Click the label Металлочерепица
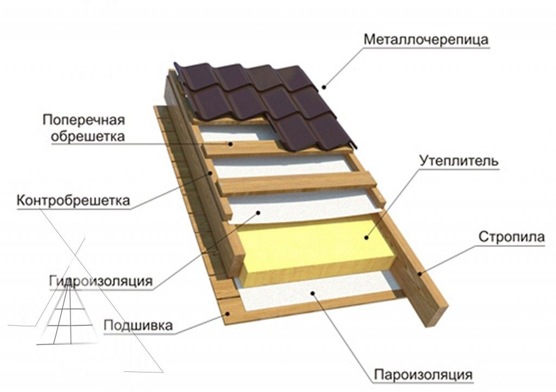pyautogui.click(x=427, y=40)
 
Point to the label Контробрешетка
pyautogui.click(x=73, y=201)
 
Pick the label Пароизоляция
pyautogui.click(x=422, y=374)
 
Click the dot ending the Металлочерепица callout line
pyautogui.click(x=324, y=85)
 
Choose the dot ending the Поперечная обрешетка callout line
pyautogui.click(x=231, y=144)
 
